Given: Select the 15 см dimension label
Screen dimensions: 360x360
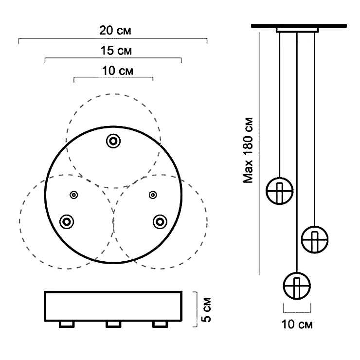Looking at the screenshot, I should (x=113, y=51).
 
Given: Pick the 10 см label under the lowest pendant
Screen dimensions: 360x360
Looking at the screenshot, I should (x=296, y=324).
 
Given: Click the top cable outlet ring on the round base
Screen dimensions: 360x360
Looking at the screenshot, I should (x=113, y=141).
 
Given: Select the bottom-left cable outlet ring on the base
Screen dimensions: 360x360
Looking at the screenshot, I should (x=66, y=221).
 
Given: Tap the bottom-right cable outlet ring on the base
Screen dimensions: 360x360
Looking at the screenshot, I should (x=160, y=221).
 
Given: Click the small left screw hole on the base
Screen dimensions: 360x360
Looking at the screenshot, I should (x=73, y=195).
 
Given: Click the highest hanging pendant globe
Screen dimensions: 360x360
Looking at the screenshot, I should (x=279, y=190).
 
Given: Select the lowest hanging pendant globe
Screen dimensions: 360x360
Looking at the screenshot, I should (x=297, y=285).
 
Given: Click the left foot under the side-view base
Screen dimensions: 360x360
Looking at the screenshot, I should (x=67, y=324).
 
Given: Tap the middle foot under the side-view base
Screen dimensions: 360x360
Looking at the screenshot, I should (x=113, y=324).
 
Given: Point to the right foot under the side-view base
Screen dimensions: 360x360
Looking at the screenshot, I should (x=160, y=324).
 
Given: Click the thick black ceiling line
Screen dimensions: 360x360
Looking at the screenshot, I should (x=299, y=25).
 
